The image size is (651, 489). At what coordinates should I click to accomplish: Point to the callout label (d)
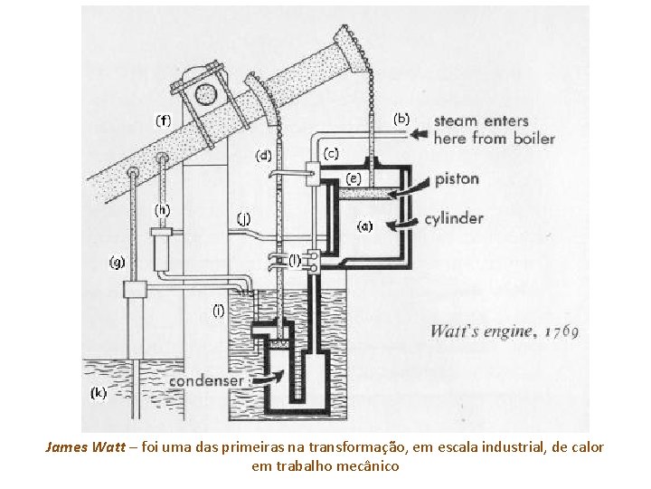[263, 156]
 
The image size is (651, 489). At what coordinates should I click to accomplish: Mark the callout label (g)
[118, 263]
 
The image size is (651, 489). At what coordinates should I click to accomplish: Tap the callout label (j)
[243, 217]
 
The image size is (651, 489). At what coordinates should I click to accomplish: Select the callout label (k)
[99, 393]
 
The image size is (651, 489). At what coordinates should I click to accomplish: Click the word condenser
[206, 381]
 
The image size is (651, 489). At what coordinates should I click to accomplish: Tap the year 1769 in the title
[561, 331]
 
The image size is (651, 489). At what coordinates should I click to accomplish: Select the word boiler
[533, 139]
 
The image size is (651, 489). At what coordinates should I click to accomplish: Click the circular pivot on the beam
[207, 92]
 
